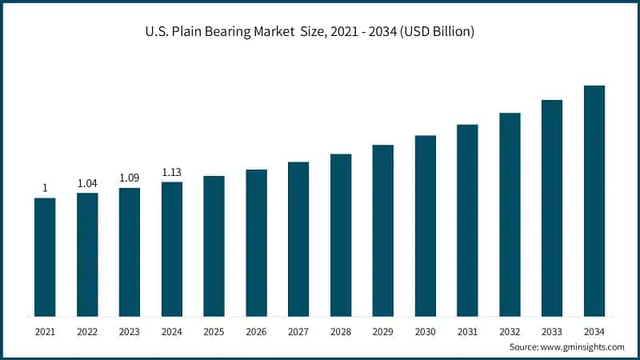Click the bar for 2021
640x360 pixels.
(x=45, y=257)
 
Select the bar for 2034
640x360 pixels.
(x=594, y=201)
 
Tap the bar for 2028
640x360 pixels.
(x=341, y=235)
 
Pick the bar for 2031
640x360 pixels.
(x=467, y=220)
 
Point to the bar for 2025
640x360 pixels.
(x=214, y=246)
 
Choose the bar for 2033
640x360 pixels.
(x=552, y=208)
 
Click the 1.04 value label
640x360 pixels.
(x=87, y=183)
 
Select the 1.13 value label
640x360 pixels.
(x=172, y=172)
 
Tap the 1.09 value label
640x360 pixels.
(x=130, y=178)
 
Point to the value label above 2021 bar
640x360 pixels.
(x=45, y=188)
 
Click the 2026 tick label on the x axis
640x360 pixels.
(x=256, y=331)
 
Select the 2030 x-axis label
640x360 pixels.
(x=425, y=331)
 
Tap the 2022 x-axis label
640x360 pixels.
(x=87, y=331)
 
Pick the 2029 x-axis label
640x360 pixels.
(x=382, y=331)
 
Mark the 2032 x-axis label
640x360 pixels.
(x=510, y=331)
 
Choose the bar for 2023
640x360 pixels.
(x=130, y=252)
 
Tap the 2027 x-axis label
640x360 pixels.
(x=298, y=331)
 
